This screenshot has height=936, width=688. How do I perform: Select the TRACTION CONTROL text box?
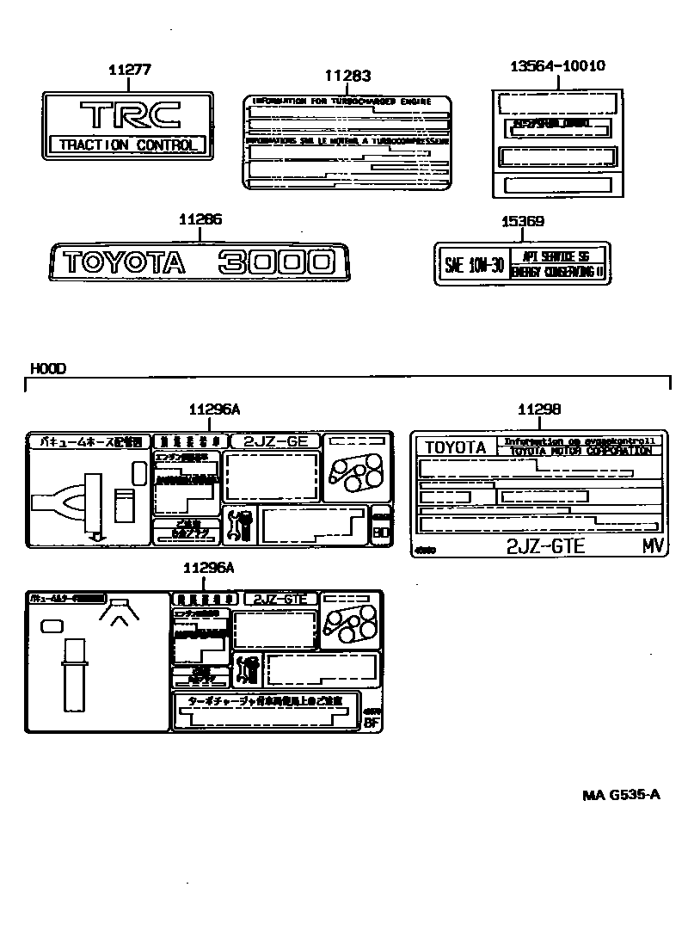(x=128, y=145)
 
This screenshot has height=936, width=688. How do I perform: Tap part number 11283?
(x=347, y=77)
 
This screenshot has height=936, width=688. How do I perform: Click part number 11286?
(x=200, y=220)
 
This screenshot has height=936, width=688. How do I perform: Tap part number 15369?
(x=523, y=221)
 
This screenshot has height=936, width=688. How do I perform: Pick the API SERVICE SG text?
(x=559, y=256)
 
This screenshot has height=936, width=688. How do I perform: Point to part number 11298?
(x=539, y=410)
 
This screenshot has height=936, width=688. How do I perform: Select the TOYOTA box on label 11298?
(x=456, y=447)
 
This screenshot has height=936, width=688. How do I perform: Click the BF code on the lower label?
(x=372, y=723)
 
